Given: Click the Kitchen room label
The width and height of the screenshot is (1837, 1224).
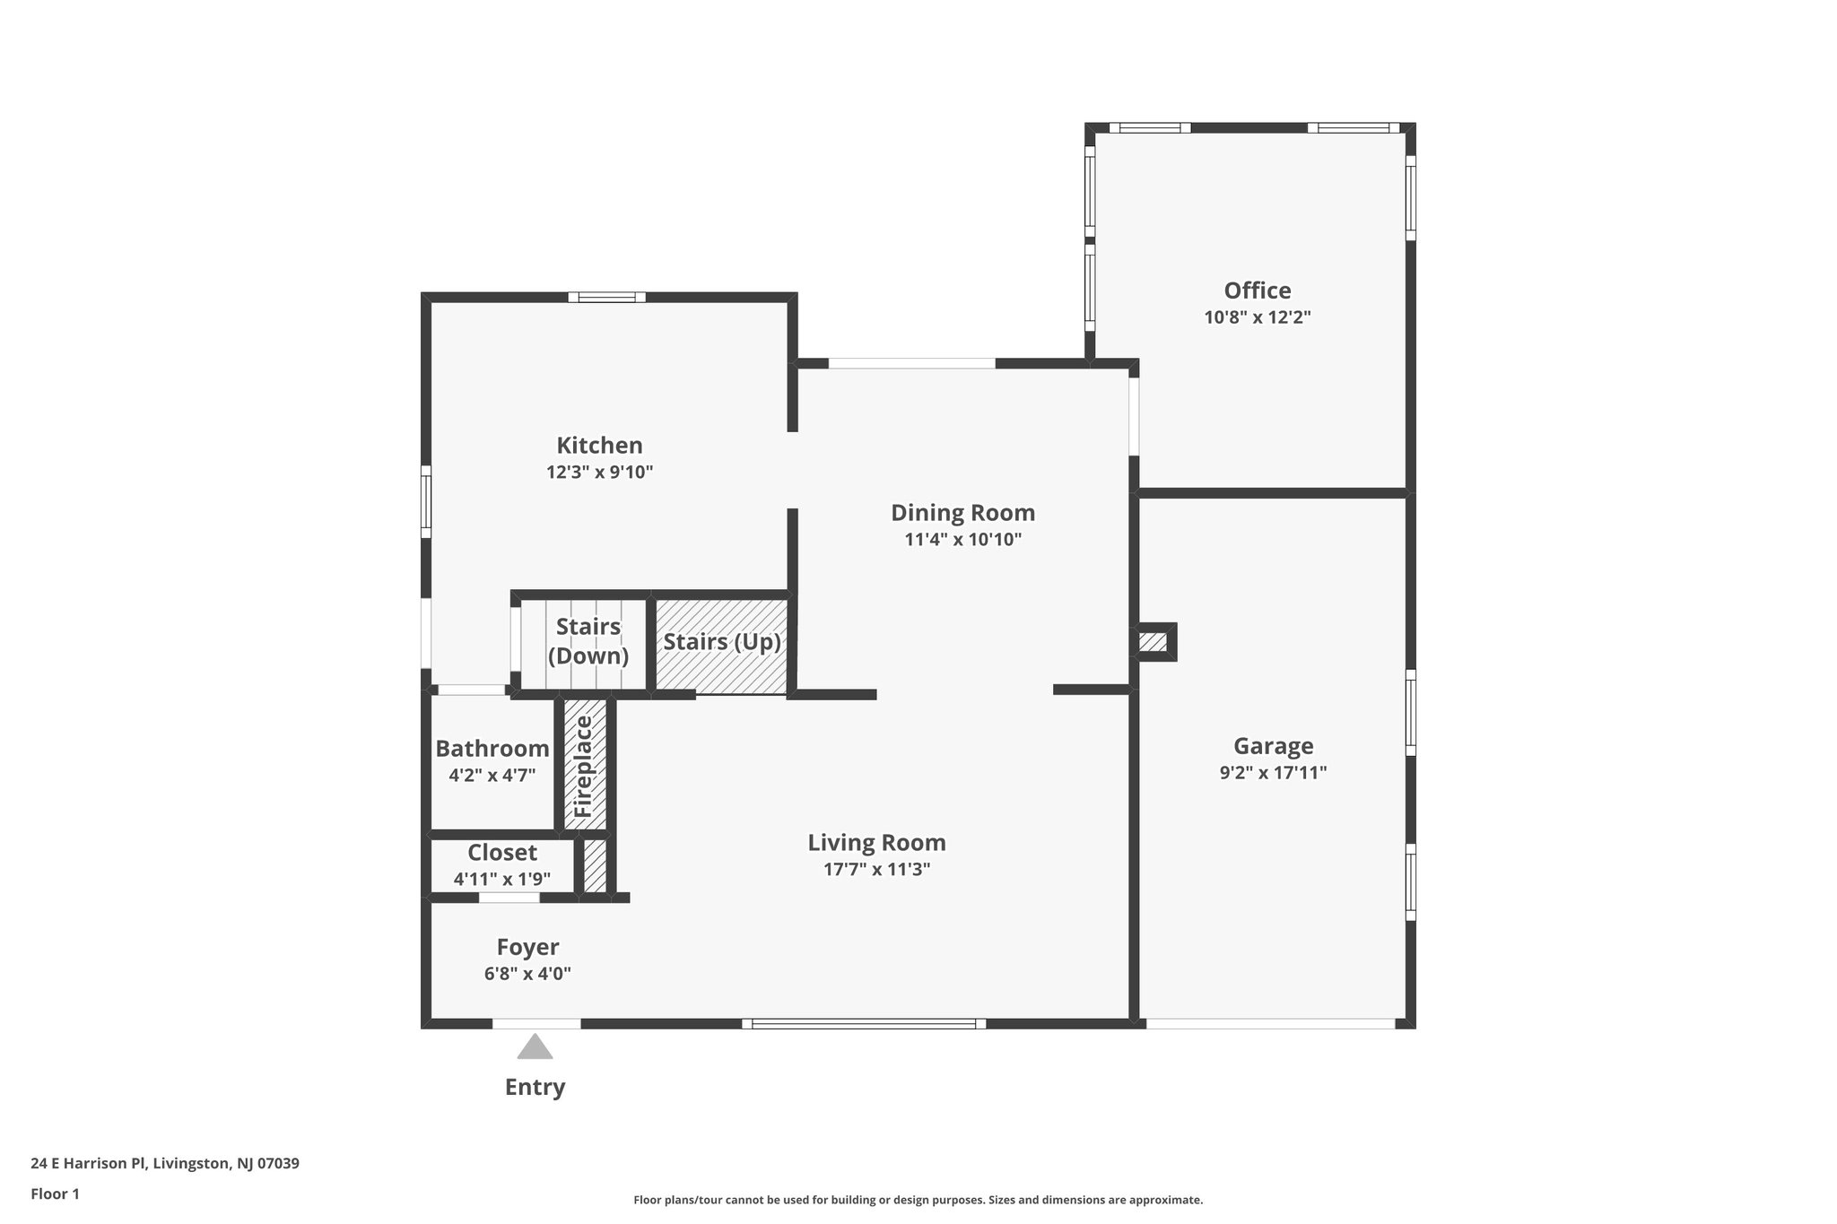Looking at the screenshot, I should (599, 446).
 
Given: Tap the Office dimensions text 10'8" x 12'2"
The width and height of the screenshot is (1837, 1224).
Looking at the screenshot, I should (1258, 317).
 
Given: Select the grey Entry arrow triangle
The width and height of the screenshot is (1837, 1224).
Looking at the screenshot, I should (535, 1047).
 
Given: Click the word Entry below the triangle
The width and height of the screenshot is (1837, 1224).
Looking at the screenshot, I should (535, 1087).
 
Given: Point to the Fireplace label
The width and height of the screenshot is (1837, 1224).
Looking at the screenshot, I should (584, 766).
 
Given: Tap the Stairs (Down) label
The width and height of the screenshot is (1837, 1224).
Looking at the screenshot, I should (588, 641).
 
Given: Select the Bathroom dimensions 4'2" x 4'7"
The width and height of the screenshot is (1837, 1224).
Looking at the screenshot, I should (492, 775).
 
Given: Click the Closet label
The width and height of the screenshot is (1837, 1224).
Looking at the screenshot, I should (502, 853).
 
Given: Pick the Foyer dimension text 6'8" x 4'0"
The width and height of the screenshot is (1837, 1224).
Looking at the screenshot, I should (527, 974).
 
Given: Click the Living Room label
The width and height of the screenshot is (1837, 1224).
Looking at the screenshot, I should (876, 843).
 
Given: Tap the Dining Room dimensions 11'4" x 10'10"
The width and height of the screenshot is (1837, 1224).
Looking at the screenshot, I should (962, 540).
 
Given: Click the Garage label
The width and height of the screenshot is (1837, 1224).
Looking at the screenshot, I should (1273, 746).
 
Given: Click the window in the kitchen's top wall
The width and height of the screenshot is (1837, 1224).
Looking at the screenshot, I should (606, 297).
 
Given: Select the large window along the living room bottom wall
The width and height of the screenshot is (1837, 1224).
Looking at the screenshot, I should (864, 1023).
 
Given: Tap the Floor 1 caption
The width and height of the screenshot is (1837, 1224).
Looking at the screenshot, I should (55, 1194).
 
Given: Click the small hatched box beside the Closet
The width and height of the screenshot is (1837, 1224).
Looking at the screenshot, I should (595, 864).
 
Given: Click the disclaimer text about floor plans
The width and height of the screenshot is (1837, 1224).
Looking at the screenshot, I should (918, 1200).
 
